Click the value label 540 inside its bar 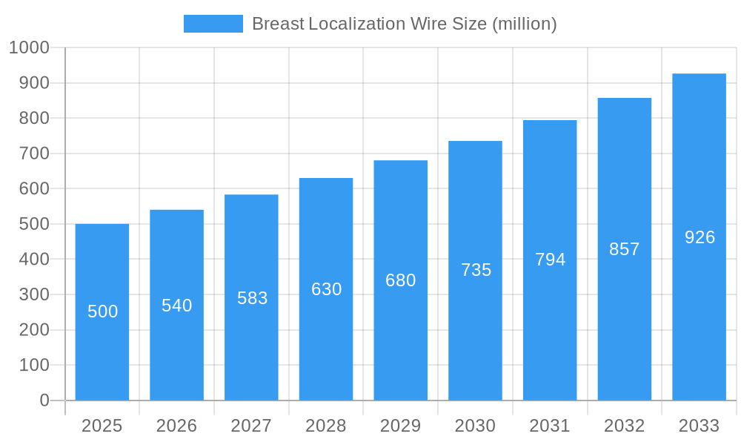(177, 306)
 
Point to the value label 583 (252, 298)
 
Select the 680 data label (401, 280)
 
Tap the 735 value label (476, 270)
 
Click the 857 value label (625, 249)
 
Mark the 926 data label (700, 237)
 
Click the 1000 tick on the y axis (29, 47)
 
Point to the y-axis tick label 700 (34, 154)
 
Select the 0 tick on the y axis (44, 400)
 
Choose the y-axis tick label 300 (34, 294)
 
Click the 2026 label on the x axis (176, 426)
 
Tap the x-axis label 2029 (400, 426)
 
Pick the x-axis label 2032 (624, 426)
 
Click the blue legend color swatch (213, 24)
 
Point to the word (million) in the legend (525, 24)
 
